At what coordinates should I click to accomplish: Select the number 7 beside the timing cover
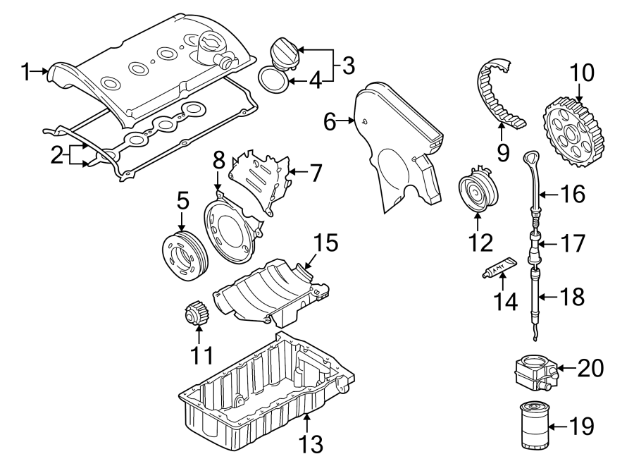[x=315, y=171]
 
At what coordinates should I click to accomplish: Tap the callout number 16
[x=573, y=194]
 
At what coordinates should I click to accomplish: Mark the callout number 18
[x=573, y=297]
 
